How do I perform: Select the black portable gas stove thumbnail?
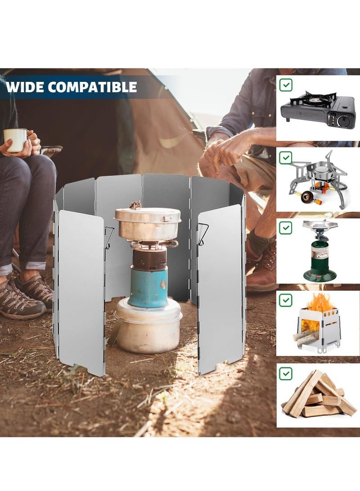click(x=318, y=110)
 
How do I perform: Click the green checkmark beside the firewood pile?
click(x=286, y=373)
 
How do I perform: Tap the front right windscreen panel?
click(x=221, y=288)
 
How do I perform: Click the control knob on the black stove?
click(x=344, y=120)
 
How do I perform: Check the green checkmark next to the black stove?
click(x=286, y=85)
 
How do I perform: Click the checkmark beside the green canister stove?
click(x=286, y=228)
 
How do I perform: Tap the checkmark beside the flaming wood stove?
click(x=286, y=300)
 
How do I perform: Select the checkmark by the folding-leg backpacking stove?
click(x=286, y=158)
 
